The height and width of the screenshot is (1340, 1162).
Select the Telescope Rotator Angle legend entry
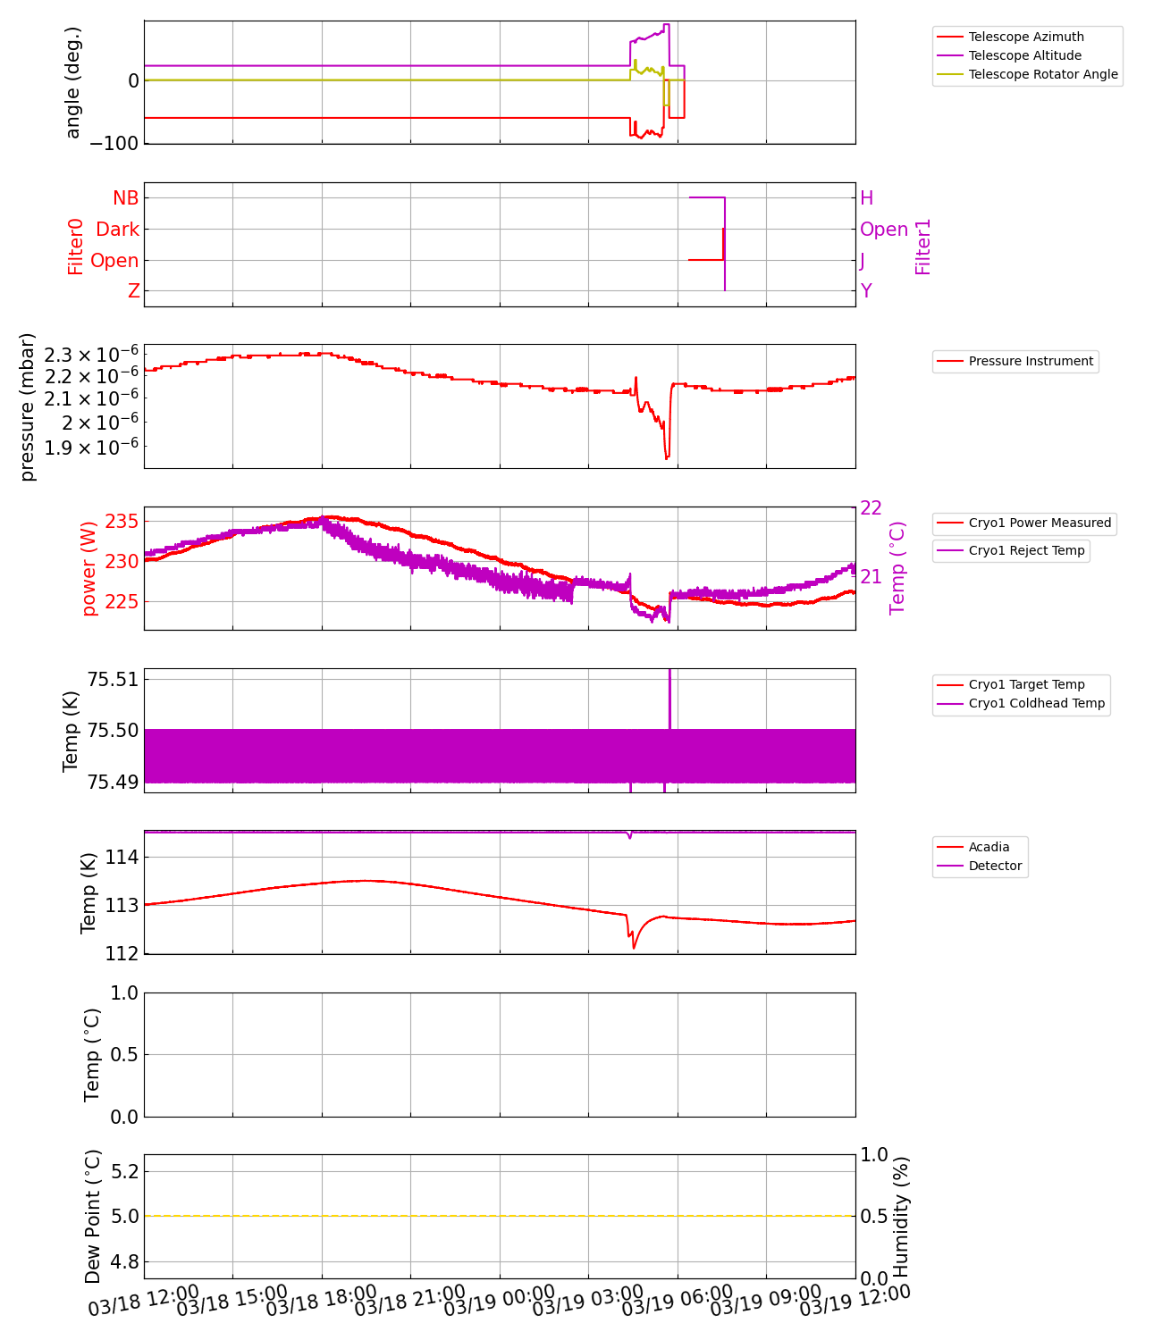(1042, 74)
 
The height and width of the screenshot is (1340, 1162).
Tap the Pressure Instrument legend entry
(1030, 361)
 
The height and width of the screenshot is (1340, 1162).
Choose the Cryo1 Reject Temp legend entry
(1026, 550)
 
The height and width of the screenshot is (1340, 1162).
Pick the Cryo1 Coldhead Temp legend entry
(1036, 703)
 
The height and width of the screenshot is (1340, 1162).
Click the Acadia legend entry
(989, 847)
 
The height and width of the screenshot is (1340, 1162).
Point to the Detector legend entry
(995, 866)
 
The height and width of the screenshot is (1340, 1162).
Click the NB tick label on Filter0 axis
(125, 198)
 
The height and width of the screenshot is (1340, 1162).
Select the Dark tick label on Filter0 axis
(117, 230)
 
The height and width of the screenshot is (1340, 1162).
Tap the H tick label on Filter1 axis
(866, 198)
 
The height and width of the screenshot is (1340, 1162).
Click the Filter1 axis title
(923, 247)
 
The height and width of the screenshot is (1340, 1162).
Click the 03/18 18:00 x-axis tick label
(321, 1301)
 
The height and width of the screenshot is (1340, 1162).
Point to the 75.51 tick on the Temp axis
(113, 680)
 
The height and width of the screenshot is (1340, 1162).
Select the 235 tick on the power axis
(122, 521)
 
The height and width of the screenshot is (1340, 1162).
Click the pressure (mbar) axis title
(28, 406)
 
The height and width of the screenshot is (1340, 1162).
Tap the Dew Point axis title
(93, 1217)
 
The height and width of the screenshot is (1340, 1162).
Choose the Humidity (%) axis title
(901, 1217)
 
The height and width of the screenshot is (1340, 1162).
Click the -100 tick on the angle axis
(114, 143)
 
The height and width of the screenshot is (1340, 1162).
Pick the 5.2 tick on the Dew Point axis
(122, 1171)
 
